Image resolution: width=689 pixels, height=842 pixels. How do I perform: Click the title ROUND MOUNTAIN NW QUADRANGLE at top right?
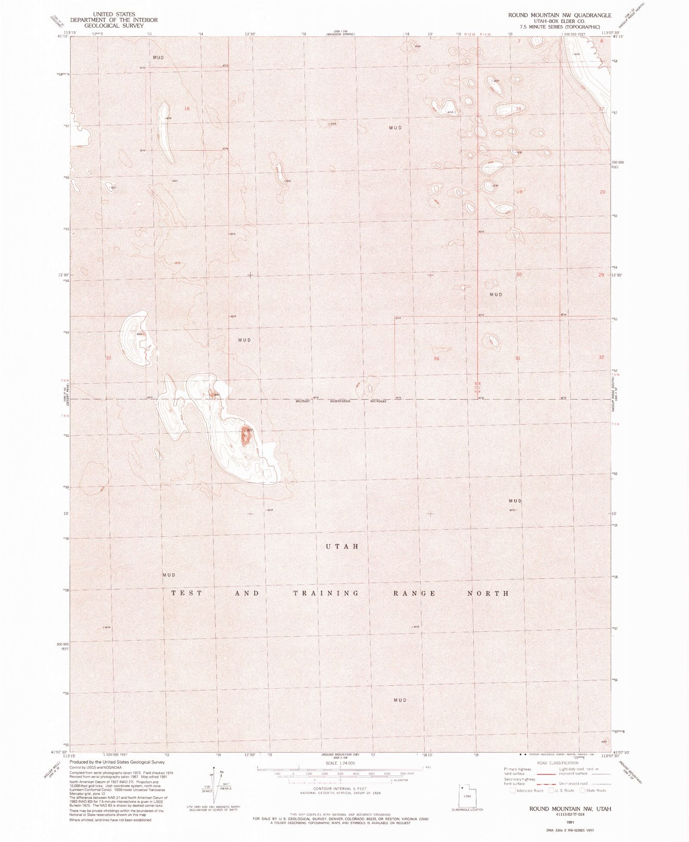point(559,15)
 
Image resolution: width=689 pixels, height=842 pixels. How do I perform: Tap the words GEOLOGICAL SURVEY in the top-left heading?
point(114,25)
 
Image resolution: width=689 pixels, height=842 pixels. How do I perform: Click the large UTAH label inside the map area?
point(342,546)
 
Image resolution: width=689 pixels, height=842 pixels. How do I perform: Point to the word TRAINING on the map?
point(326,593)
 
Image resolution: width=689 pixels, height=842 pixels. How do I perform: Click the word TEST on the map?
point(186,593)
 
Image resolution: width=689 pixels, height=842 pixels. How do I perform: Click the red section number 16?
point(186,109)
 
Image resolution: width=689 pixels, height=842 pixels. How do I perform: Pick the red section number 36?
point(436,358)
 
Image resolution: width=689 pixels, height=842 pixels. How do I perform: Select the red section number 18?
point(518,109)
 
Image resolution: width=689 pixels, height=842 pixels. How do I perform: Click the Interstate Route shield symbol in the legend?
point(512,790)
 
